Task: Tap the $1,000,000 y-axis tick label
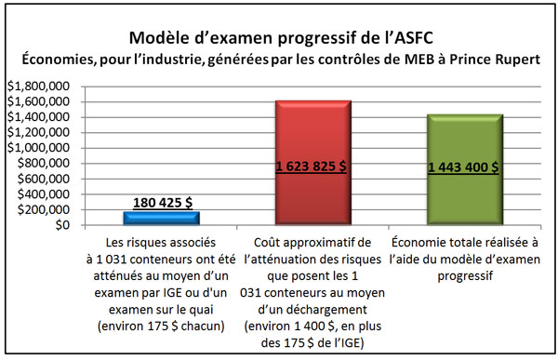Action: click(37, 148)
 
